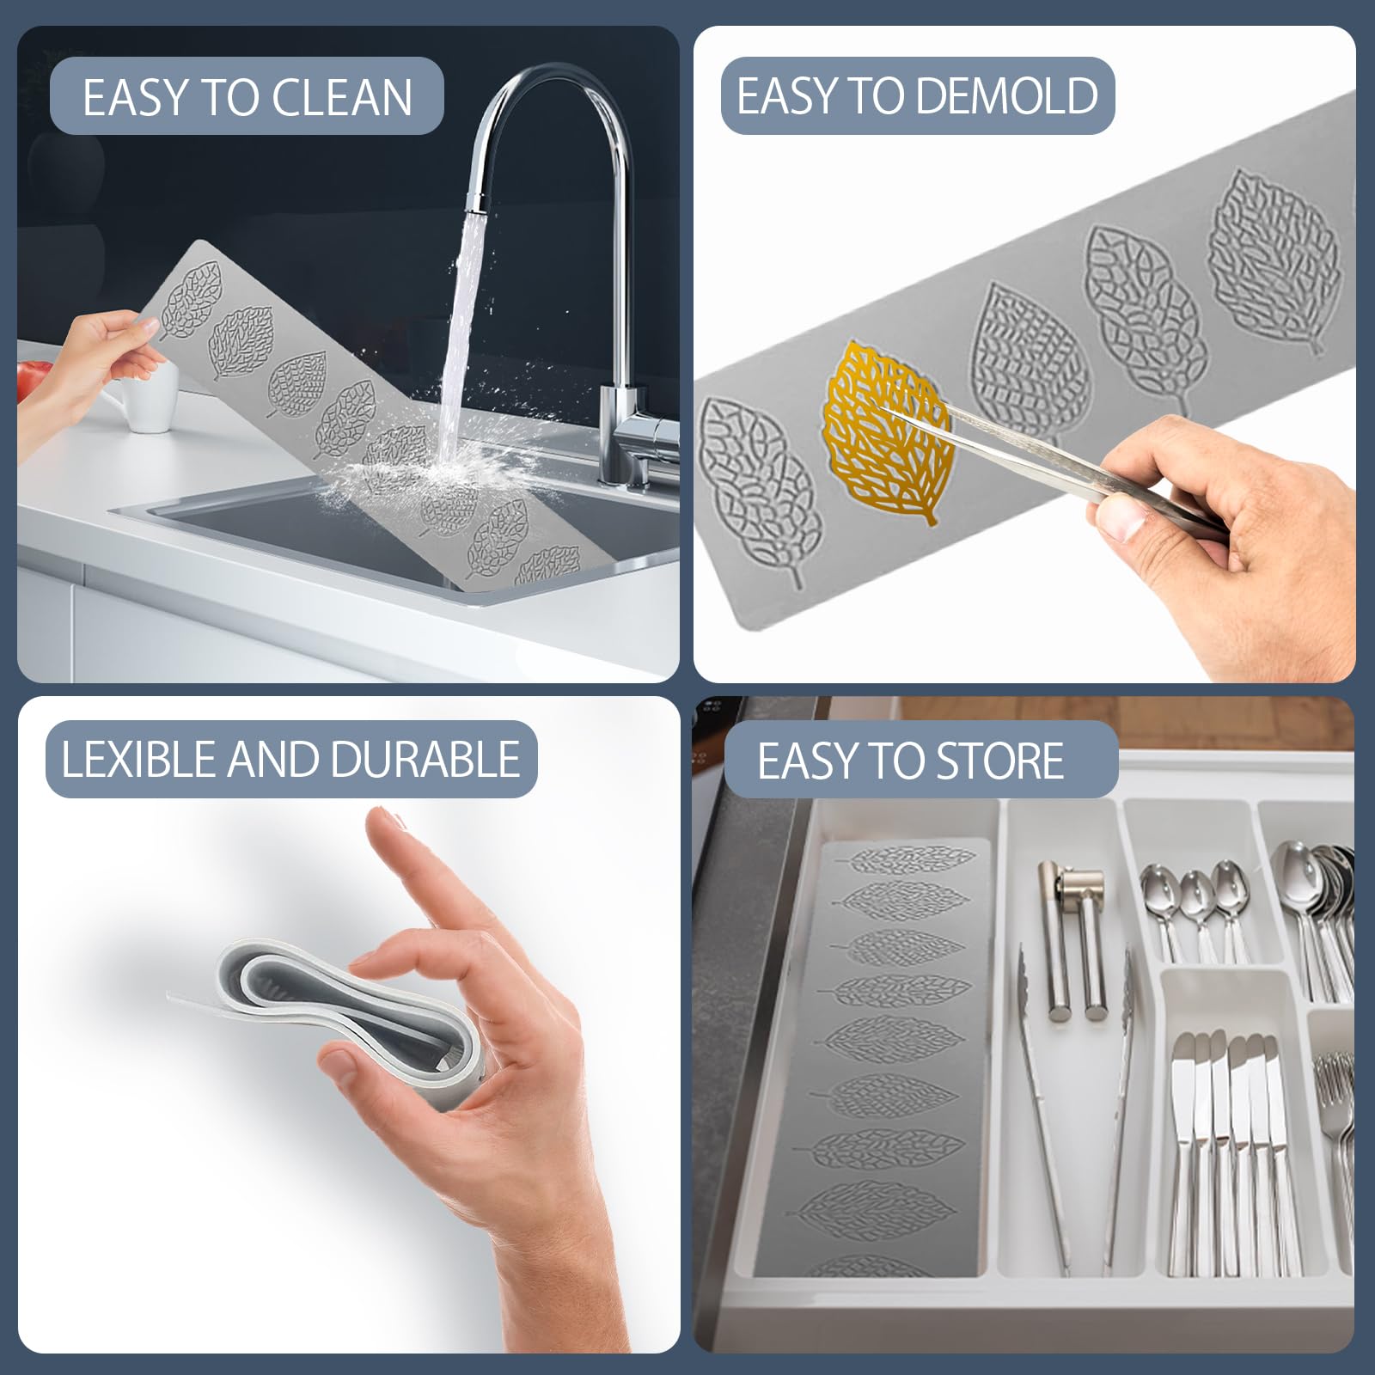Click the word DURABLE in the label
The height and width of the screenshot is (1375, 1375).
(424, 760)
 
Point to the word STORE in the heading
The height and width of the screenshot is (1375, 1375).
(999, 761)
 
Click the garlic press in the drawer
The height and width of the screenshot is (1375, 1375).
(1074, 937)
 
